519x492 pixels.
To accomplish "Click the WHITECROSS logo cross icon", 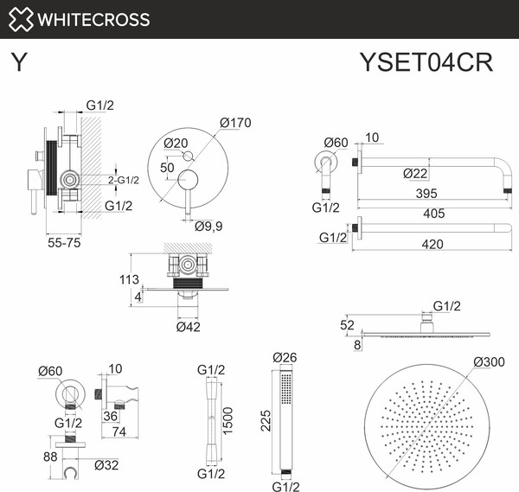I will [21, 19].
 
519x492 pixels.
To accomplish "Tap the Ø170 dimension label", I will [235, 123].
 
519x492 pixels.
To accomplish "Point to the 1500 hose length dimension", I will [227, 419].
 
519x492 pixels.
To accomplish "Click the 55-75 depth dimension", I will [62, 245].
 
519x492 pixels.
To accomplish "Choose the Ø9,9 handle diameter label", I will [208, 227].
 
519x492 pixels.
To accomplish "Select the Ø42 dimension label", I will [189, 326].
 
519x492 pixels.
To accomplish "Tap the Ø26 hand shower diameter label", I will [285, 357].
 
